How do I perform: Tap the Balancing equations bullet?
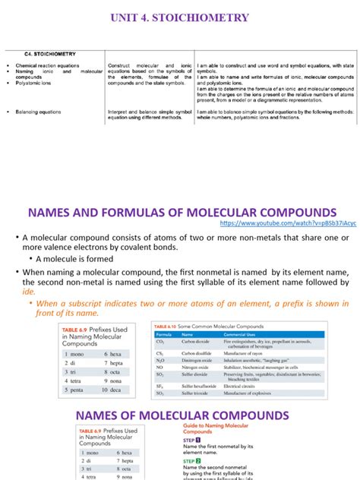pyautogui.click(x=41, y=112)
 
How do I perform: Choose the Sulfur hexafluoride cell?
pyautogui.click(x=199, y=386)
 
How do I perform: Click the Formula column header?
pyautogui.click(x=164, y=335)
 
